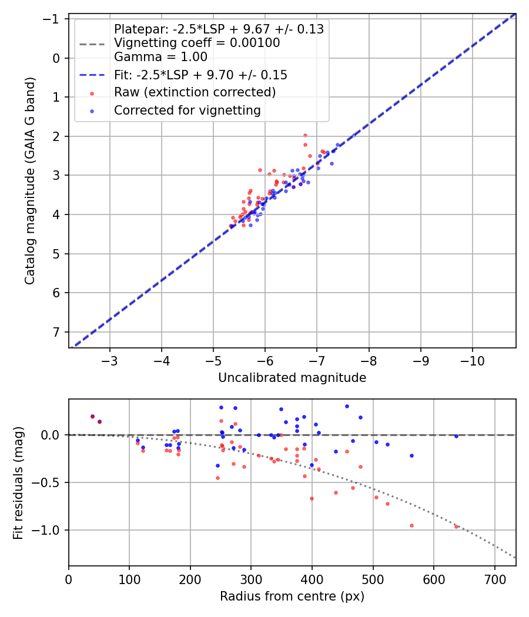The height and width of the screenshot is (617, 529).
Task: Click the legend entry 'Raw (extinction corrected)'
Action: click(x=195, y=93)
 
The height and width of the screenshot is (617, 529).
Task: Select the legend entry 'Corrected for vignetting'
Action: click(x=187, y=110)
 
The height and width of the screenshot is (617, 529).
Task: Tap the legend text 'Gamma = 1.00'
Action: click(x=160, y=58)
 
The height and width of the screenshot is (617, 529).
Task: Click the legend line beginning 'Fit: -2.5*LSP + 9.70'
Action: click(x=200, y=75)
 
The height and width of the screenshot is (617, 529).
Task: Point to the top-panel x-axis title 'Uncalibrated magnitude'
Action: click(x=292, y=378)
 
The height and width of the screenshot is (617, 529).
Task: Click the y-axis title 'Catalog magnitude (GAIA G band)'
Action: click(x=29, y=183)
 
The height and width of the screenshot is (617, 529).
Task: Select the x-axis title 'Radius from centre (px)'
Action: click(x=292, y=596)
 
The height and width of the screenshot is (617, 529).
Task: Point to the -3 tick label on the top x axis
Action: click(x=110, y=360)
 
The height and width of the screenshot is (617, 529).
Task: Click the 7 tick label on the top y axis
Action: click(x=56, y=332)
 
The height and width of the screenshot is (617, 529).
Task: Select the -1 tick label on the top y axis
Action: click(x=52, y=19)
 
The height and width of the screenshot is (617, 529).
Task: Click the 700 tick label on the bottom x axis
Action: click(x=494, y=579)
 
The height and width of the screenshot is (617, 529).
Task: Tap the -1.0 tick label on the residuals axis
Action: click(x=48, y=530)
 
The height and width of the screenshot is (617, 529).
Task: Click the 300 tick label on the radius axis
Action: click(x=251, y=579)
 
